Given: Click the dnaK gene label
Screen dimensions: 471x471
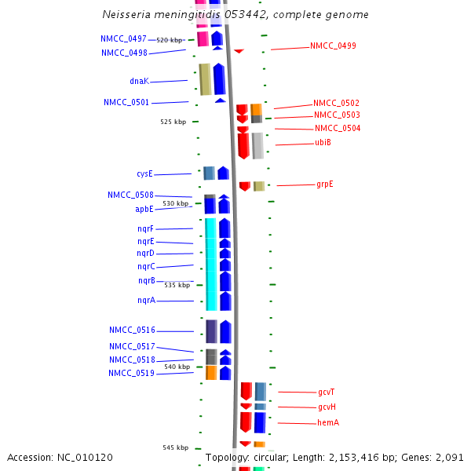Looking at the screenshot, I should point(139,81).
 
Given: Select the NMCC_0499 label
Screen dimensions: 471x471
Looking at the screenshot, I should point(333,46).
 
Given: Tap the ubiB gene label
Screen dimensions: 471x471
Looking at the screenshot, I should point(323,142).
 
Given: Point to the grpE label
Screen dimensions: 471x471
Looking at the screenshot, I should point(325,184).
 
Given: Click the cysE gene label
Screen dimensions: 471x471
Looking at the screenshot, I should point(144,174).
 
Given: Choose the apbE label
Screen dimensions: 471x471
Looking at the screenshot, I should point(144,210).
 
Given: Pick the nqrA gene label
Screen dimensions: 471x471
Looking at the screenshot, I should point(146,301).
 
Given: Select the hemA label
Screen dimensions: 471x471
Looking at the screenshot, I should point(328,423).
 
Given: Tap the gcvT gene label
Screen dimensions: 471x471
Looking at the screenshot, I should point(327,392).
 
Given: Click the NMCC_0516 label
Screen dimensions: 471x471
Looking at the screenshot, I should point(131,330).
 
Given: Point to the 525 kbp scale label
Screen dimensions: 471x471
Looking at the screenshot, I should point(173,122).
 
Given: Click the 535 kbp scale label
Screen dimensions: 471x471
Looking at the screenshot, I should point(177,285).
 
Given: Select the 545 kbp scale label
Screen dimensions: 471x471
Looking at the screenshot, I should point(176,447).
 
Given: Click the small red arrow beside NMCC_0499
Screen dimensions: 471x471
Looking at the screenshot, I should point(239,51).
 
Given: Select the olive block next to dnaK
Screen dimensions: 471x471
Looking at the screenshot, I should point(205,79).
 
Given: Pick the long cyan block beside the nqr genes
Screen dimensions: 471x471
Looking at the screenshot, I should point(210,263).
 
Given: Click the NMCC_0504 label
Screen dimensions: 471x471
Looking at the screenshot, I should point(338,129).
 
